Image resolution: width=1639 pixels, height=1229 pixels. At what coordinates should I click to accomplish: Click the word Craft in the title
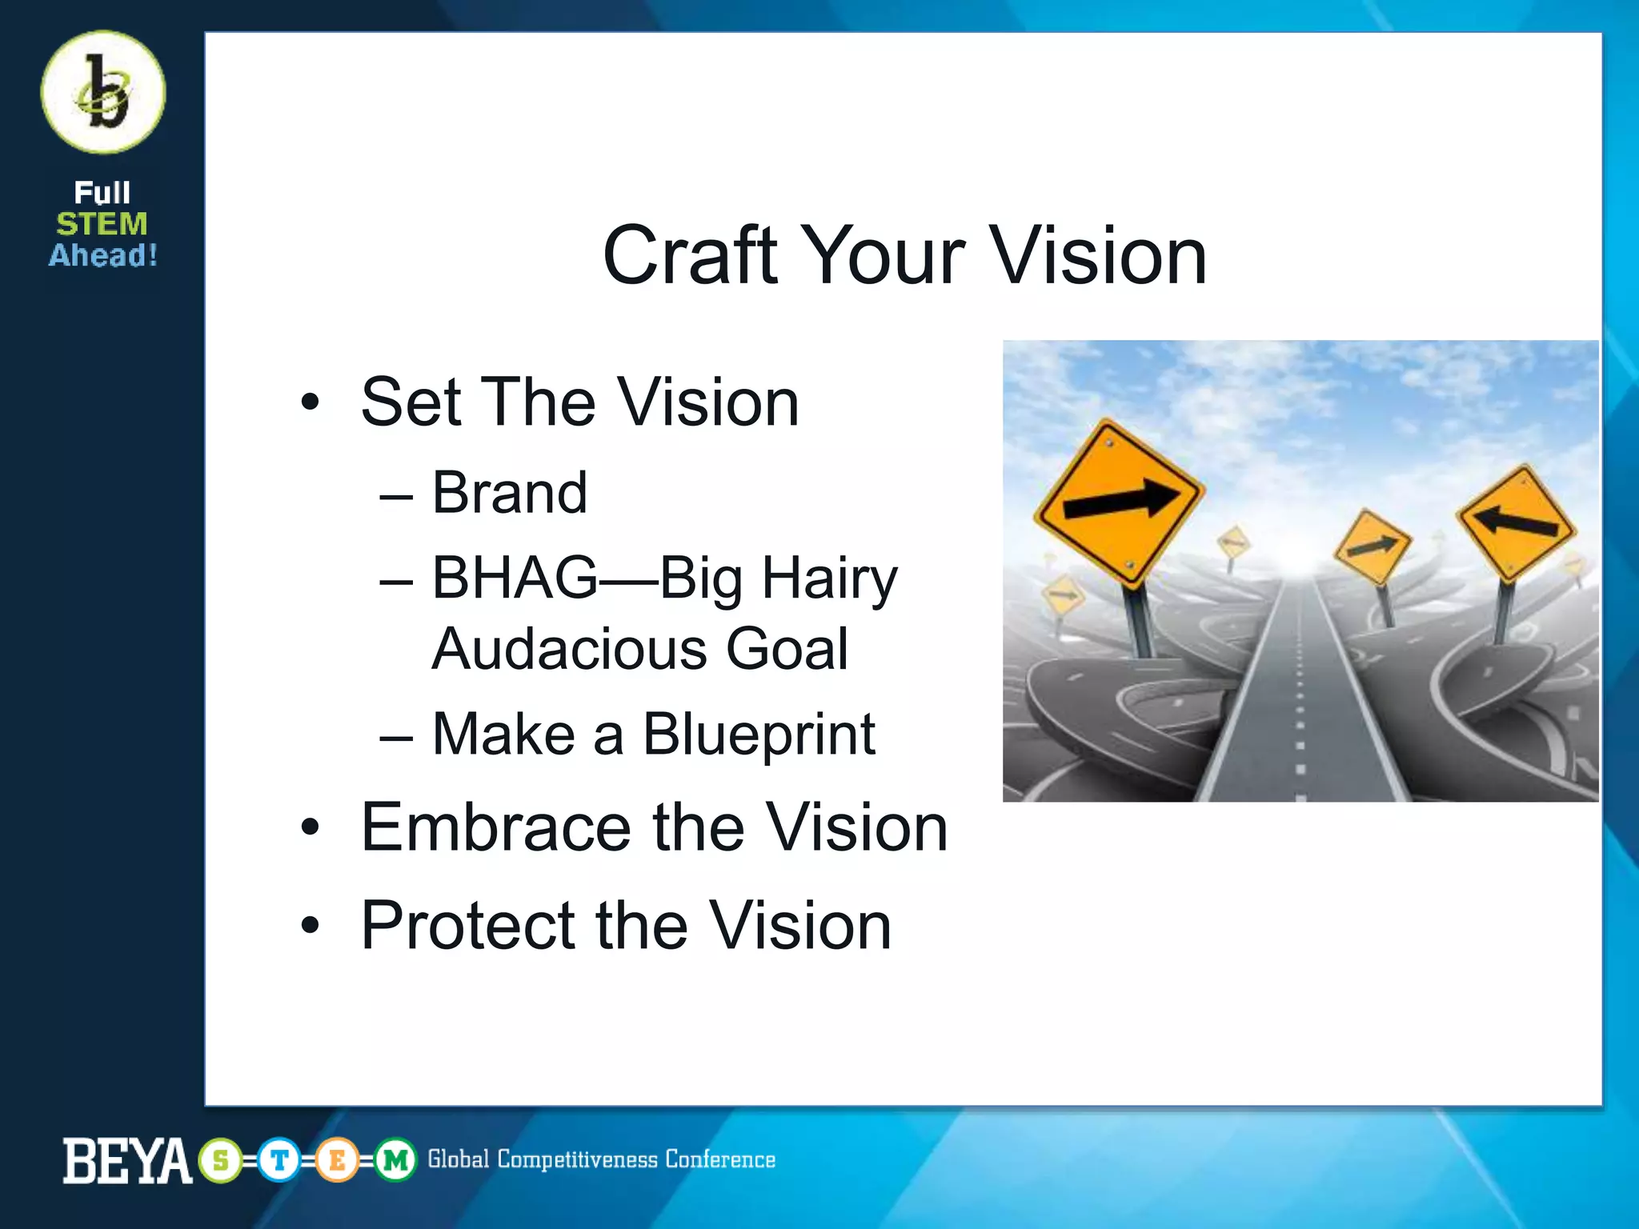tap(689, 256)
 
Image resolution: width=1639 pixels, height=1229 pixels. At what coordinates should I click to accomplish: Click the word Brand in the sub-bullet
tap(510, 493)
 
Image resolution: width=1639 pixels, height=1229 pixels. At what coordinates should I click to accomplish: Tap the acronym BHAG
tap(515, 578)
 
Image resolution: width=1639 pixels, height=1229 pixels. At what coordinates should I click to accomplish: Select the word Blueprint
tap(759, 735)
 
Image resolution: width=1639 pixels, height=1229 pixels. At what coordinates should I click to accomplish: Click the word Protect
tap(468, 926)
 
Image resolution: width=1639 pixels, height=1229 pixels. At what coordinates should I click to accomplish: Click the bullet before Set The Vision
tap(311, 402)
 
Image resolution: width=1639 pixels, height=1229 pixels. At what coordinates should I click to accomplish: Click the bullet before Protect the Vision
tap(311, 927)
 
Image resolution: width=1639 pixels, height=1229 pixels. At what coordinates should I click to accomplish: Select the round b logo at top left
tap(103, 92)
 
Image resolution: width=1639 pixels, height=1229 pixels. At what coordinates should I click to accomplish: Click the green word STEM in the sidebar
tap(102, 224)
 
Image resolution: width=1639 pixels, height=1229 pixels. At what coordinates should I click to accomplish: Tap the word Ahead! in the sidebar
tap(103, 256)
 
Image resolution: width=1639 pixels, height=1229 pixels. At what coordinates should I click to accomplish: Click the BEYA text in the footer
tap(126, 1160)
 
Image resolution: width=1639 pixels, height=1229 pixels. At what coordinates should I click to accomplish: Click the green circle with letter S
tap(221, 1160)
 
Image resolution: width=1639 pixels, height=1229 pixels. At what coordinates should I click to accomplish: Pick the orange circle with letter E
tap(337, 1160)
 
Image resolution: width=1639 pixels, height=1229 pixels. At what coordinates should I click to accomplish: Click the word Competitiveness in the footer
tap(577, 1160)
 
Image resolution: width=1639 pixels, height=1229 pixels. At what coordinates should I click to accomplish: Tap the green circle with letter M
tap(395, 1160)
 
